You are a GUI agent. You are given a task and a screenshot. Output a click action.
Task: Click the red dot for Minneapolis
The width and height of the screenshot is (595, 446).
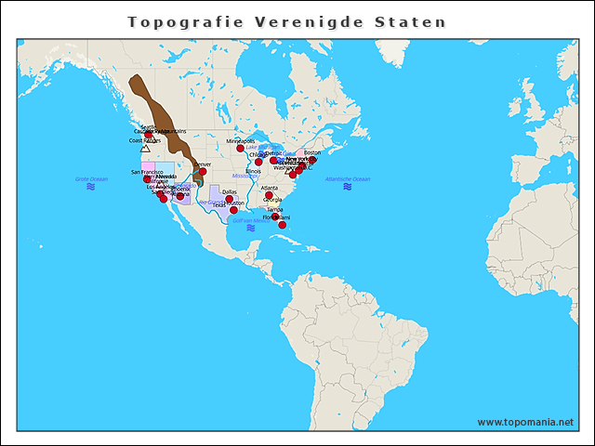tap(240, 148)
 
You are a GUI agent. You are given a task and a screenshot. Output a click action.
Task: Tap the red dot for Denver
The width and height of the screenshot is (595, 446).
tap(203, 171)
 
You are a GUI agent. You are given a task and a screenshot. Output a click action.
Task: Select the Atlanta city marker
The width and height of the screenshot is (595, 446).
tap(270, 195)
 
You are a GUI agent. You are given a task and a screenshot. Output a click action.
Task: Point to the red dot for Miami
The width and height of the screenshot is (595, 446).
tap(283, 224)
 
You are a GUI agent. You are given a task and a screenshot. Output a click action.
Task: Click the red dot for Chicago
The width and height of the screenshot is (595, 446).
tap(258, 162)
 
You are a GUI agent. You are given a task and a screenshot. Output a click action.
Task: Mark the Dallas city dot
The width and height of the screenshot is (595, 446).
tap(230, 199)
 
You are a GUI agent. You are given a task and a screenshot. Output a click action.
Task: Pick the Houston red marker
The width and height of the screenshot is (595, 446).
tap(233, 210)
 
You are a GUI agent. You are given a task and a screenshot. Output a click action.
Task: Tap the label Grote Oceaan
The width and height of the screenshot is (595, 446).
tap(91, 178)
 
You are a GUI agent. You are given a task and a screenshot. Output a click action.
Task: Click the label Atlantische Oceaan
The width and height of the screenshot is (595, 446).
tap(348, 178)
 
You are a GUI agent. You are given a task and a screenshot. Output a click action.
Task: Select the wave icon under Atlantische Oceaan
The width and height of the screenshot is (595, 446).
tap(348, 187)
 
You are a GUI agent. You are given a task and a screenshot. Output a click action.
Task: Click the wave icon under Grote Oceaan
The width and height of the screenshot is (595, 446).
tap(91, 187)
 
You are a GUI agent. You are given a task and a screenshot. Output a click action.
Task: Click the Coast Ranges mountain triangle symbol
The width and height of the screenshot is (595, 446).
tap(145, 148)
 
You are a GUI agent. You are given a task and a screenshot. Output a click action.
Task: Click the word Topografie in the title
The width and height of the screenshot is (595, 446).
tap(173, 21)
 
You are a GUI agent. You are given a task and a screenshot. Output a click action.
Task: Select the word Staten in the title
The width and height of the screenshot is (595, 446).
tap(414, 21)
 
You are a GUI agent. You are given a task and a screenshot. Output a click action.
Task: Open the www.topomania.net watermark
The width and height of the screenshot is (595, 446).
tap(525, 422)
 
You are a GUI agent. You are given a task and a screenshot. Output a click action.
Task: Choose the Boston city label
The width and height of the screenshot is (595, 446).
tap(312, 152)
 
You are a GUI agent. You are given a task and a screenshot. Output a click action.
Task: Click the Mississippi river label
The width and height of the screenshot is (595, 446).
tap(245, 175)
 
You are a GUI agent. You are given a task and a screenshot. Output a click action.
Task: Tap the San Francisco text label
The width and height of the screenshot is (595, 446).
tap(147, 172)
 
